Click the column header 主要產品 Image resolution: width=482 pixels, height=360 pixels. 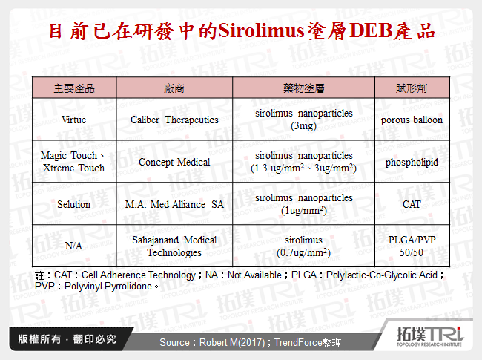tap(74, 88)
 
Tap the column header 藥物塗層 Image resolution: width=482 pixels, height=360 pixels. tap(303, 88)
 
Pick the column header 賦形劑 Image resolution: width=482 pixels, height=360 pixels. tap(411, 88)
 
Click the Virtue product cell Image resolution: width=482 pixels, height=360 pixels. tap(74, 120)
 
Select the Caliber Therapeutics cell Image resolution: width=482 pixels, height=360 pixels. tap(174, 120)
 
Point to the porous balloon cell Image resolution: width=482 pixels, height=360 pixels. tap(412, 120)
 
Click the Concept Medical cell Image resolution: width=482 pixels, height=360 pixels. tap(174, 162)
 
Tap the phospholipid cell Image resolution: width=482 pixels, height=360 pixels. tap(412, 162)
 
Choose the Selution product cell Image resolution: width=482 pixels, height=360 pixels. tap(74, 204)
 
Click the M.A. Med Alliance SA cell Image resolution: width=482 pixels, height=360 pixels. tap(174, 204)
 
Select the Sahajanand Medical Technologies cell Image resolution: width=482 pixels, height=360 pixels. tap(174, 246)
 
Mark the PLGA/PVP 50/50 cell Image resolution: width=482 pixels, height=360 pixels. tap(412, 246)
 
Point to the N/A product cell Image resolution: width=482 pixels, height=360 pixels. tap(74, 246)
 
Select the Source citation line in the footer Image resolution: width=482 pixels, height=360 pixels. tap(250, 341)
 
